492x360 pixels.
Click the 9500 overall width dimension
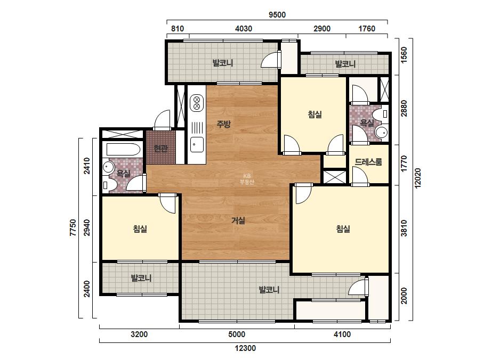click(277, 15)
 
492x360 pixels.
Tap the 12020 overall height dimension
click(417, 178)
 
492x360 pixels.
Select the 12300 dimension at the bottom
click(245, 348)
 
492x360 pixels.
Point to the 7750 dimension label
click(73, 228)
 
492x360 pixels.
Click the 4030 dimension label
click(244, 29)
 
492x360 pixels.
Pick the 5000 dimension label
click(237, 334)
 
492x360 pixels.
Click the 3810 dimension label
click(404, 228)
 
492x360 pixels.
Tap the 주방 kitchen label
click(223, 124)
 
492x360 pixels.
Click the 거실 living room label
click(238, 220)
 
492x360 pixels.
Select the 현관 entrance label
click(160, 148)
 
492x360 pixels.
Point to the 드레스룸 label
click(368, 162)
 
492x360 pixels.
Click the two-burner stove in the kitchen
click(197, 103)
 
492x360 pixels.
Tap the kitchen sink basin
click(197, 144)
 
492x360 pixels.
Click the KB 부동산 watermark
click(247, 179)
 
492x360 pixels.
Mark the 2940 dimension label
click(87, 228)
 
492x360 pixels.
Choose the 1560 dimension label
click(404, 54)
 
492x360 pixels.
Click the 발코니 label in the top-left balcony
click(223, 63)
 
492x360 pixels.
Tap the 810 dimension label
click(178, 29)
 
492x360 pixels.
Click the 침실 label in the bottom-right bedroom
click(343, 228)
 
